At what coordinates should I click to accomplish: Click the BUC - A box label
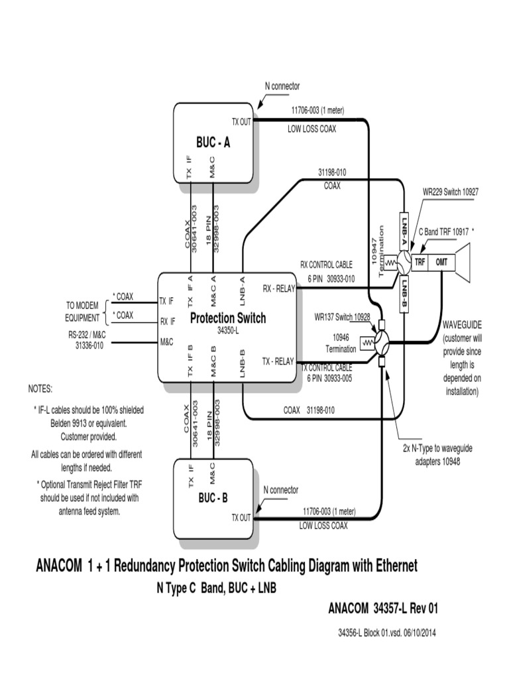[213, 142]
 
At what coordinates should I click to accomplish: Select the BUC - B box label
[213, 497]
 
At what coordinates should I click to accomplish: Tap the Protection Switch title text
[228, 318]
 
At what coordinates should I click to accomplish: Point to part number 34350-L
[227, 330]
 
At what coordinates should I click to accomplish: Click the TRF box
[420, 262]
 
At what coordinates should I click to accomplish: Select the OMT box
[441, 262]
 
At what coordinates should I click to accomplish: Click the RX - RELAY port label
[278, 288]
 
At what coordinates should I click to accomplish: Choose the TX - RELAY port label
[278, 361]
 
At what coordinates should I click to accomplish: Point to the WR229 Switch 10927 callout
[451, 192]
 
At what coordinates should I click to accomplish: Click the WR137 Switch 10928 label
[342, 317]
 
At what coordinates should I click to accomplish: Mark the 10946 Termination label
[341, 343]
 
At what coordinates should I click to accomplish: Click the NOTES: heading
[40, 388]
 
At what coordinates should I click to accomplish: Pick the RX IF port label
[168, 322]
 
